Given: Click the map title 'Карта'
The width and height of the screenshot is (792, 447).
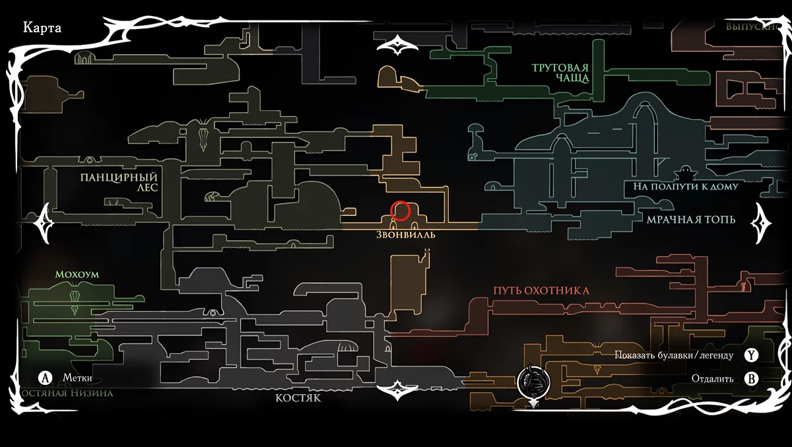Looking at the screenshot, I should pyautogui.click(x=42, y=28).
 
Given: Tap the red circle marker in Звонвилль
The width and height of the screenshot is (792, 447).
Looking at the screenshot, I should pyautogui.click(x=401, y=211).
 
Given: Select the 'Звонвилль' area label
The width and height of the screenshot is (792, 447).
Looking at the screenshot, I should pyautogui.click(x=407, y=235).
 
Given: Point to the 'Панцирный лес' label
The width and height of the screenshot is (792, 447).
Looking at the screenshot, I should pyautogui.click(x=119, y=182).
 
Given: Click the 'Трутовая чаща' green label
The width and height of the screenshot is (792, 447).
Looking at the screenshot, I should pyautogui.click(x=560, y=73).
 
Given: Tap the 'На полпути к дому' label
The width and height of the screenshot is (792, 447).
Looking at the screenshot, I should pyautogui.click(x=686, y=187).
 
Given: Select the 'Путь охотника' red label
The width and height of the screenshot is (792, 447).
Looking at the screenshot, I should pyautogui.click(x=541, y=291).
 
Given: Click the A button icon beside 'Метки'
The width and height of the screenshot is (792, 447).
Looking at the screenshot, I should pyautogui.click(x=45, y=378).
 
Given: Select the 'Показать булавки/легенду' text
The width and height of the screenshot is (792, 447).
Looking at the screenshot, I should pyautogui.click(x=673, y=355).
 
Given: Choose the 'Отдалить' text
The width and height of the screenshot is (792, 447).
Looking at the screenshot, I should pyautogui.click(x=713, y=379).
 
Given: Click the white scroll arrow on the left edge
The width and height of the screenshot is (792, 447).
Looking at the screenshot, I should pyautogui.click(x=46, y=222).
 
